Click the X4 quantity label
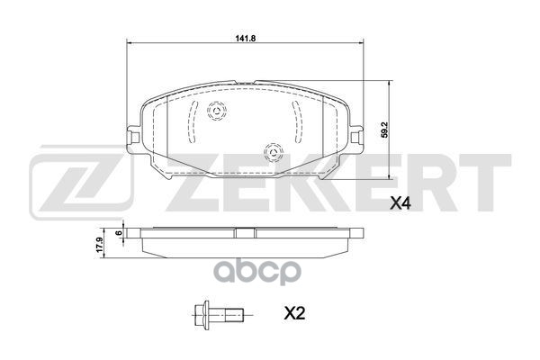[x=400, y=203]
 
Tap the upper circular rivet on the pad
[x=216, y=112]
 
